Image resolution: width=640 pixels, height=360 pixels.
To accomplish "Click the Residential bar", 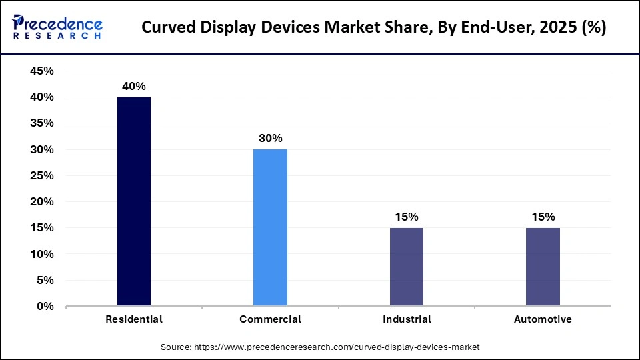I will [134, 201].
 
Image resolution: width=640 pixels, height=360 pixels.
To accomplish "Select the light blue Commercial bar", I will [270, 227].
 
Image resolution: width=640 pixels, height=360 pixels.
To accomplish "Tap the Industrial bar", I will [407, 267].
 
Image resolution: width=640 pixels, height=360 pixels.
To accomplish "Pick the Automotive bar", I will [543, 267].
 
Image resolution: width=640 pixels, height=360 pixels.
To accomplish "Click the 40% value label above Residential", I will [134, 86].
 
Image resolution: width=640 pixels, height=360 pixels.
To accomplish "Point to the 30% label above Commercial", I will [270, 139].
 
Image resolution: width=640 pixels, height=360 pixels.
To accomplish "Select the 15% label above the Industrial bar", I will [407, 217].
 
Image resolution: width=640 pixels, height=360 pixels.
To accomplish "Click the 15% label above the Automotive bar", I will [543, 217].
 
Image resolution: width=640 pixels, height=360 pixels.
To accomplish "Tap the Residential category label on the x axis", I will [134, 319].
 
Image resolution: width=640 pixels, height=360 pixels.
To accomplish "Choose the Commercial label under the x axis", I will [270, 319].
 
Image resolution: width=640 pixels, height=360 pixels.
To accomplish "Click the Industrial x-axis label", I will [407, 319].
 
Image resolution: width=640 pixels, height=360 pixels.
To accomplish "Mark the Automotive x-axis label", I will [543, 319].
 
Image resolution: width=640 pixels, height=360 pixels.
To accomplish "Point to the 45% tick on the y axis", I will [42, 71].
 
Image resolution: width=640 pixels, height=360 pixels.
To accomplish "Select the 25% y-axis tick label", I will [42, 176].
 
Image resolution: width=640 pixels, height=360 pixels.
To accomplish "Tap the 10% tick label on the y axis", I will [42, 255].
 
